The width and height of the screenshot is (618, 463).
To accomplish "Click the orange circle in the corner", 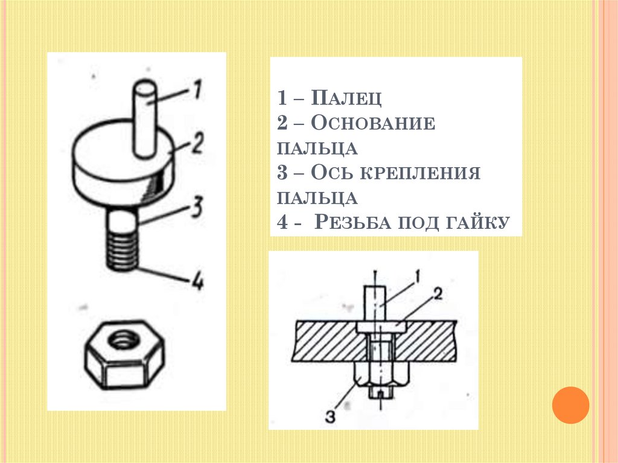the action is coord(570,405).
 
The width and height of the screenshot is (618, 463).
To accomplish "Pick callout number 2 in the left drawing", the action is coord(197,143).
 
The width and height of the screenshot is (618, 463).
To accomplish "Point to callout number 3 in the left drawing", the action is coord(196,208).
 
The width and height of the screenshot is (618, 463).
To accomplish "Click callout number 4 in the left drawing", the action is coord(197,281).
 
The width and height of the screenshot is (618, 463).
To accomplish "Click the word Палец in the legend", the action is coord(346,98).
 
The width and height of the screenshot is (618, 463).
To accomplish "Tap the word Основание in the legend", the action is coord(373,123).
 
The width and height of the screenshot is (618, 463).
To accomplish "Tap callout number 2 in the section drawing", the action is coord(438,294).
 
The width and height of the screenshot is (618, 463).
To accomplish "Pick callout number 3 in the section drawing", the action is coord(331,417).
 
